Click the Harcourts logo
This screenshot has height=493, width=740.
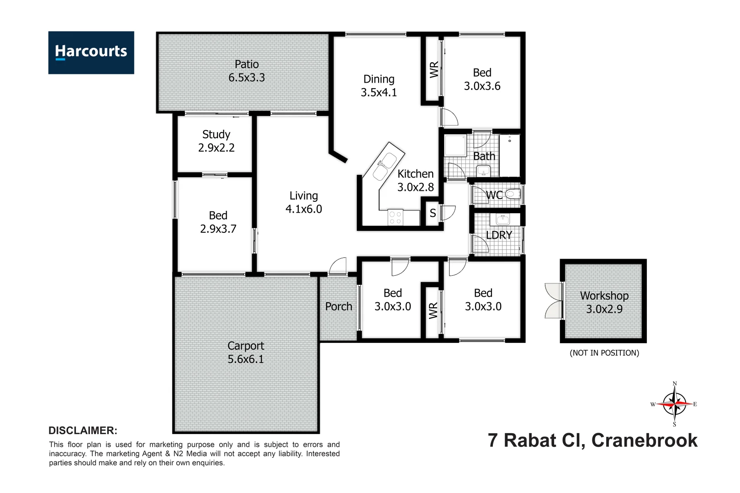[91, 52]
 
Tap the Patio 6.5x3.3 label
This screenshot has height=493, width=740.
[247, 71]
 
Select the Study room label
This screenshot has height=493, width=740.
[216, 135]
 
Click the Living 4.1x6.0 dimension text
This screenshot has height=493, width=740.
[304, 209]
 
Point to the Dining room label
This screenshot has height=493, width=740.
[379, 79]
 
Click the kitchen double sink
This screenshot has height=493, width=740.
[384, 166]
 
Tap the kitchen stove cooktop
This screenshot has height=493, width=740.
[395, 218]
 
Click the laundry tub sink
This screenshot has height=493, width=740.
[502, 220]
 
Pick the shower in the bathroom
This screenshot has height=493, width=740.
[455, 145]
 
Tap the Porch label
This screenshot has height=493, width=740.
[338, 307]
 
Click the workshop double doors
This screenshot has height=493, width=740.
[554, 301]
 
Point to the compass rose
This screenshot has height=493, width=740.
[675, 404]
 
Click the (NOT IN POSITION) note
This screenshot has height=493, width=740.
[604, 353]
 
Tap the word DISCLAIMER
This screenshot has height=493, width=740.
[83, 430]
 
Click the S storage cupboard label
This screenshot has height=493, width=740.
[433, 213]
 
